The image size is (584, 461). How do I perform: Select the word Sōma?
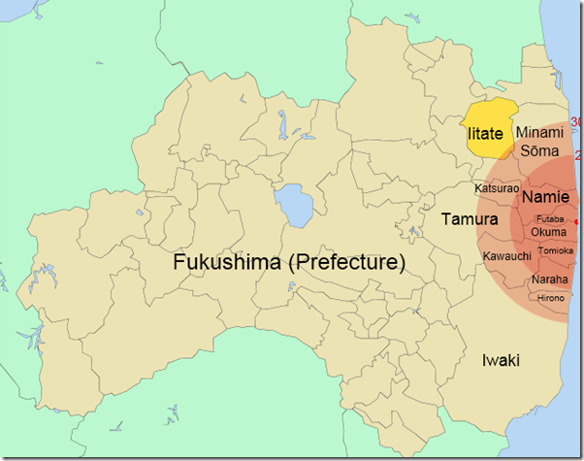click(x=539, y=151)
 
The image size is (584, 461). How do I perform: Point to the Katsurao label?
click(x=497, y=187)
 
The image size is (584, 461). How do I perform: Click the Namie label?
click(x=545, y=197)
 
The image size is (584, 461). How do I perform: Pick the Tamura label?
click(x=464, y=219)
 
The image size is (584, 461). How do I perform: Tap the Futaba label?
click(x=545, y=219)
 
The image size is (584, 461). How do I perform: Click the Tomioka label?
click(x=555, y=249)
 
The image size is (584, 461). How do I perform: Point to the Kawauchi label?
click(x=505, y=256)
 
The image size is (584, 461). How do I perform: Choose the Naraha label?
click(x=549, y=280)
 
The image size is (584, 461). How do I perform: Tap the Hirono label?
click(x=550, y=297)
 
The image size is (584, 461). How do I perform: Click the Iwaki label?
click(x=501, y=360)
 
